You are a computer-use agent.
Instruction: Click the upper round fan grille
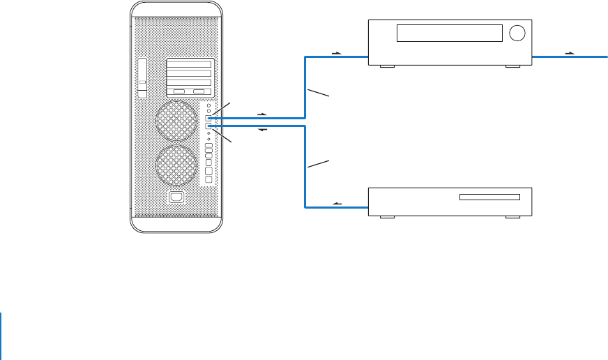(x=176, y=121)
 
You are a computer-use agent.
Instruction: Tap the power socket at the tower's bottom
(x=176, y=198)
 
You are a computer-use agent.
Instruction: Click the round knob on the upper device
(x=517, y=33)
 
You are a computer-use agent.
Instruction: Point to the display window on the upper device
(x=449, y=33)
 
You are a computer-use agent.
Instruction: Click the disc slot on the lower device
(x=489, y=197)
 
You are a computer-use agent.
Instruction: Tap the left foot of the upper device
(x=386, y=67)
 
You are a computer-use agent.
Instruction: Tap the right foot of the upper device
(x=512, y=67)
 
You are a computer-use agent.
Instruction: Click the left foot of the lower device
(x=386, y=217)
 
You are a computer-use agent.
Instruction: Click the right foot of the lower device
(x=512, y=217)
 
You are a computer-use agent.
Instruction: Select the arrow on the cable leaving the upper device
(x=570, y=52)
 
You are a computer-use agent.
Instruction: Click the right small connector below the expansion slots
(x=199, y=92)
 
